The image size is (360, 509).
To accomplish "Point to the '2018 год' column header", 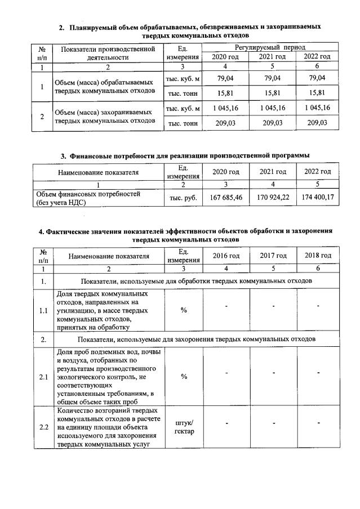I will (x=318, y=256).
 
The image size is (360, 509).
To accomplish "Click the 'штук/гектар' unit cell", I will (x=184, y=426).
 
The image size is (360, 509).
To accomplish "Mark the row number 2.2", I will (x=43, y=427).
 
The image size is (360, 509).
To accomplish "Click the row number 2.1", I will (x=43, y=376).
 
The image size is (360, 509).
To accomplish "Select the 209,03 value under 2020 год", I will (x=225, y=122).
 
